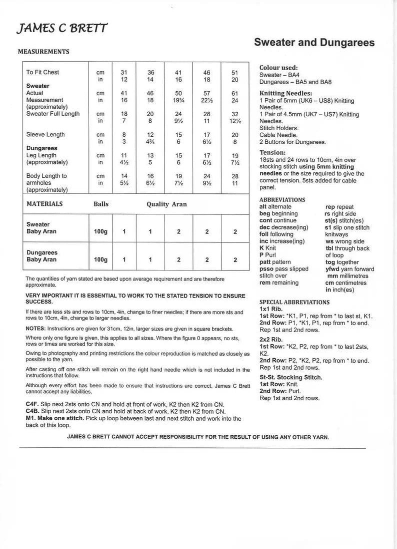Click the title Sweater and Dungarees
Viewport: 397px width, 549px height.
314,43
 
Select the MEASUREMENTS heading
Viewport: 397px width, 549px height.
43,52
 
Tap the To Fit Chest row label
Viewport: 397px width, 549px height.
42,72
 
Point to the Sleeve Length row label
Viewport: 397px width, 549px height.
45,135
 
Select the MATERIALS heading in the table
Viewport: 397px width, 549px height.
44,204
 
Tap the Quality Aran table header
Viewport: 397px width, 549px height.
166,204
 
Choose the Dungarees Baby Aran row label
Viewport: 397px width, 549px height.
42,256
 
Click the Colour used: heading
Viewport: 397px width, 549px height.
278,68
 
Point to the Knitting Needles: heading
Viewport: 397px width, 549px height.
285,93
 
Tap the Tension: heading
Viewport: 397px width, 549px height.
272,152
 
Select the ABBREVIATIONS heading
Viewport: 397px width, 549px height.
282,199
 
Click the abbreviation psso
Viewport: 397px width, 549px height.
267,269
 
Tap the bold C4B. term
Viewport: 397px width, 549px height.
32,411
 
